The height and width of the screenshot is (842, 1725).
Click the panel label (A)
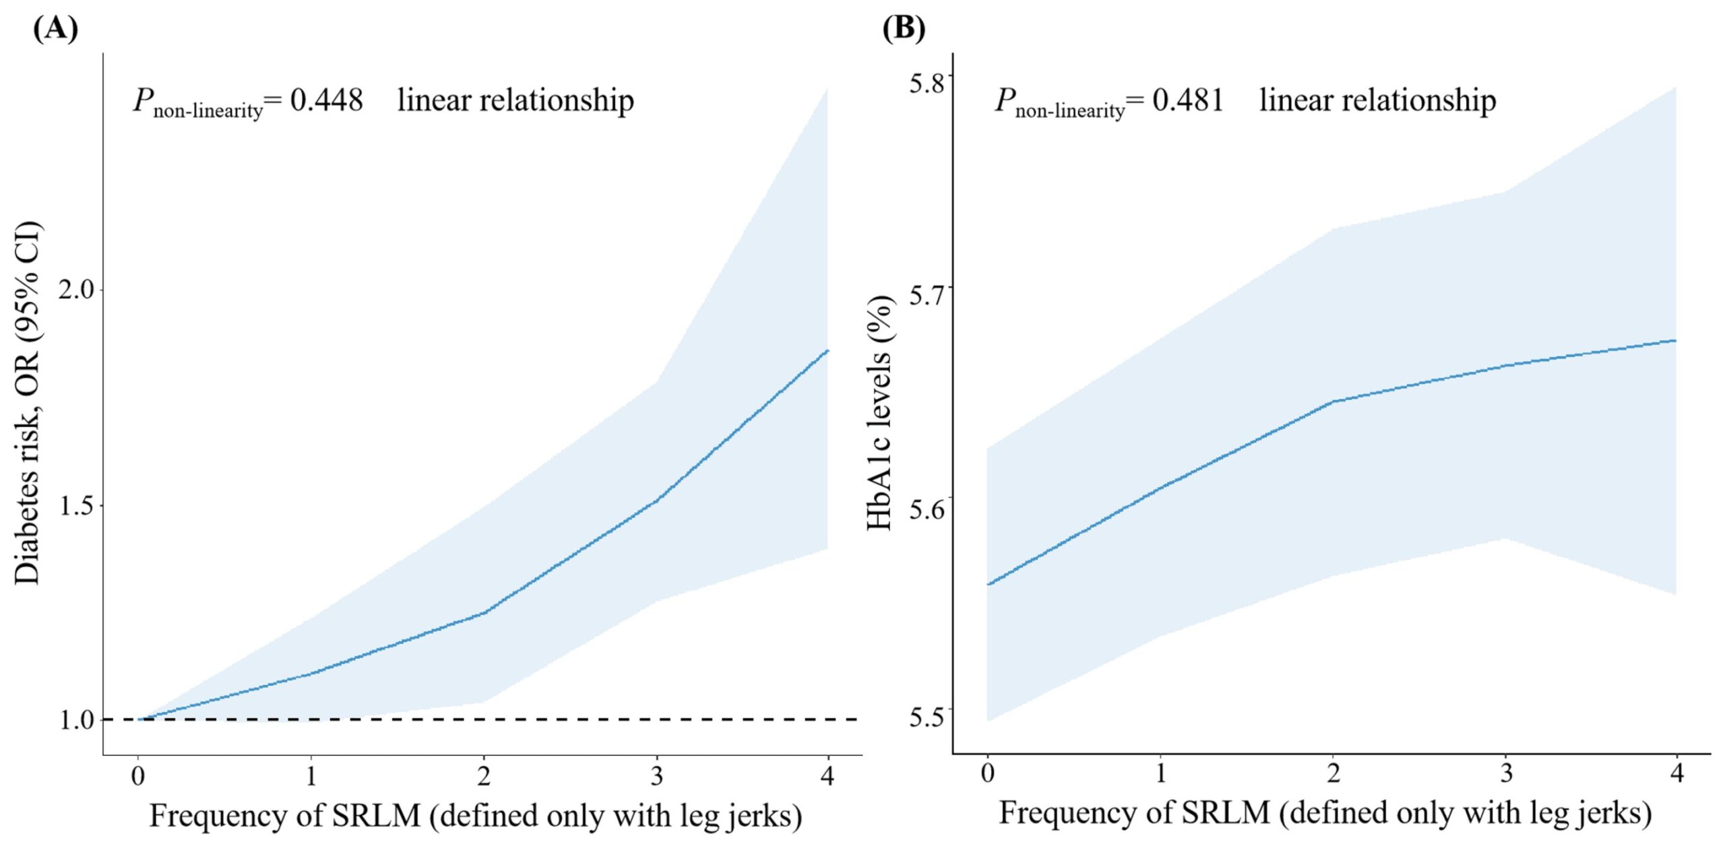tap(55, 28)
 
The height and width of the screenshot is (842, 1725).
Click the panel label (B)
tap(904, 28)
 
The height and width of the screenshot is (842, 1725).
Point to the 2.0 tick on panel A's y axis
tap(76, 290)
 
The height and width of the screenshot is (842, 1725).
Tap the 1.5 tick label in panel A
tap(76, 506)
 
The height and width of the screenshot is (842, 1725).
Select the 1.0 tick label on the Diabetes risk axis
tap(76, 720)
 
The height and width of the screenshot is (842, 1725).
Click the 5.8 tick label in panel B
tap(927, 83)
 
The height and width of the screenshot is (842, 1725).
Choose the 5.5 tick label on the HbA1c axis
tap(927, 717)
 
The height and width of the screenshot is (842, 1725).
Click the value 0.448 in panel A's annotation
tap(326, 100)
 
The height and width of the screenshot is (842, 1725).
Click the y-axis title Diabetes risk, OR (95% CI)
tap(28, 402)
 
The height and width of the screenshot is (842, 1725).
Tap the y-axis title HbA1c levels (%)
tap(879, 412)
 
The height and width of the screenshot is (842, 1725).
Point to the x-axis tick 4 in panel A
tap(827, 776)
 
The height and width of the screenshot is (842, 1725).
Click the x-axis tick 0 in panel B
tap(988, 773)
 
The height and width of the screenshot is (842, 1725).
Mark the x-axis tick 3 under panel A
tap(656, 776)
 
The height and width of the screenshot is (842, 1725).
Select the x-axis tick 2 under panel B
tap(1334, 773)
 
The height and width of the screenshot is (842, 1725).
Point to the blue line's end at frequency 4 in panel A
tap(827, 351)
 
